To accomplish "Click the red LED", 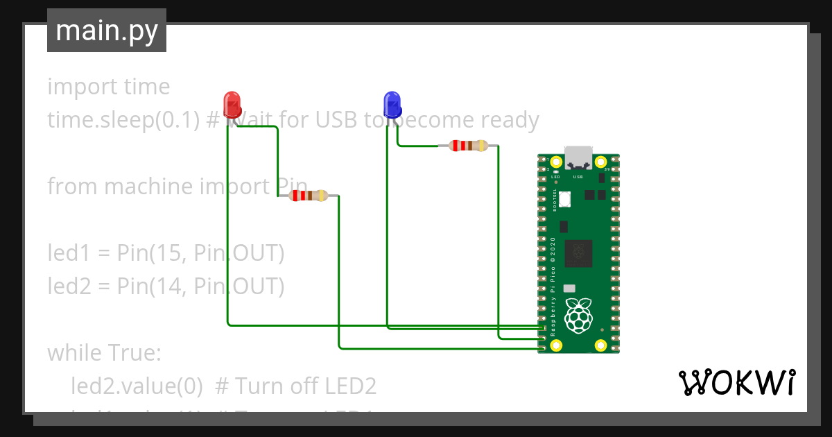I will click(x=232, y=104).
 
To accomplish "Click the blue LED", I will click(x=392, y=104).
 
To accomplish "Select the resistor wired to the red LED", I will click(x=309, y=196).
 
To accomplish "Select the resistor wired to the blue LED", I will click(x=469, y=146).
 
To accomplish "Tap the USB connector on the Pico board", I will click(x=578, y=157).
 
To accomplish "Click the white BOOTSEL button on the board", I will click(x=566, y=199).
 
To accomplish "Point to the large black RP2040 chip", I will click(x=578, y=253).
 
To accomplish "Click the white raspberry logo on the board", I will click(x=578, y=316).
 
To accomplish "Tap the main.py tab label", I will click(x=107, y=31).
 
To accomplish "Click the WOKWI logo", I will click(x=736, y=382).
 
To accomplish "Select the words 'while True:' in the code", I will click(x=104, y=353).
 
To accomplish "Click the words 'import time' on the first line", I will click(x=108, y=87).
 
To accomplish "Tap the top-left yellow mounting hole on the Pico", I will click(x=556, y=167).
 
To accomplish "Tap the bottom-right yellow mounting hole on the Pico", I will click(x=600, y=345).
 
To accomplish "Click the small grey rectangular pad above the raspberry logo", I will click(x=570, y=288).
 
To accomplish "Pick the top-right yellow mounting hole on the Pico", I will click(x=600, y=167).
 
